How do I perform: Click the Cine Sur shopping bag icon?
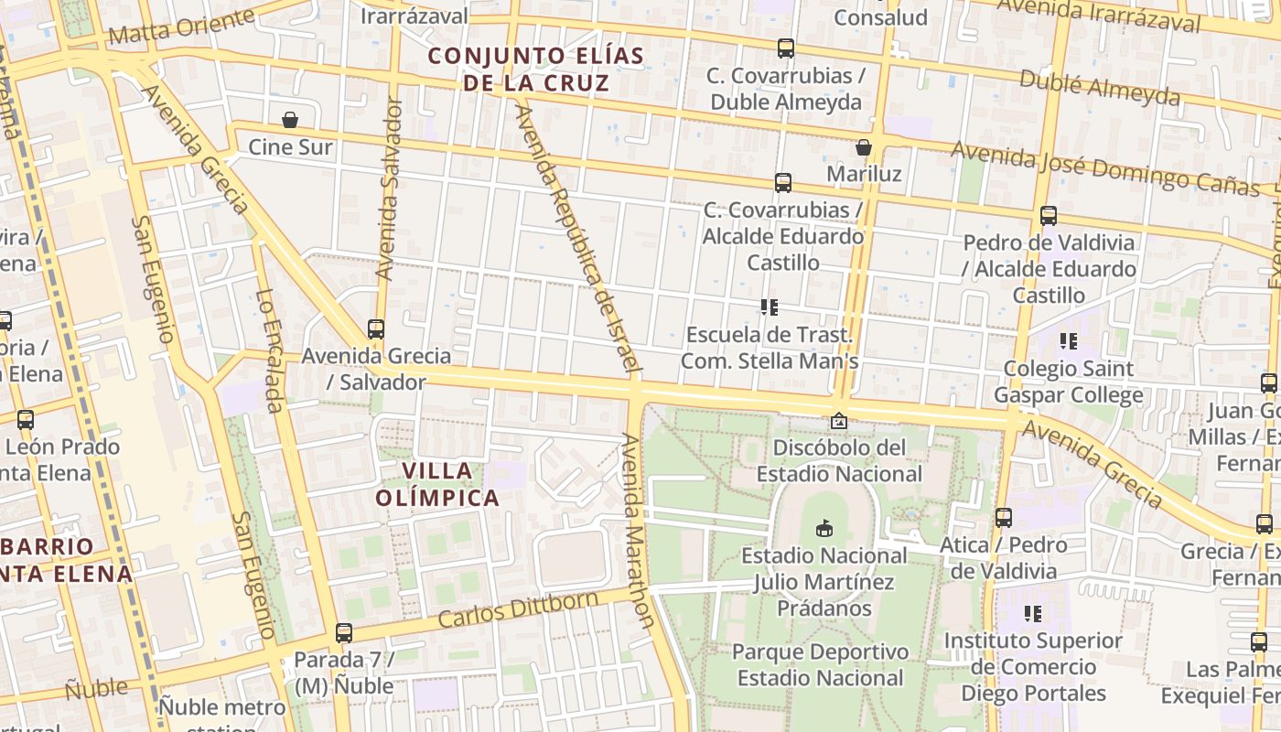(290, 120)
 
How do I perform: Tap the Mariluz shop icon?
(863, 147)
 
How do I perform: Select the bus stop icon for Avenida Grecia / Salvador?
(375, 328)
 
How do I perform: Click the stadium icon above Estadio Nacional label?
(824, 528)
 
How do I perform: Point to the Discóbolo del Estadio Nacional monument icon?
(838, 421)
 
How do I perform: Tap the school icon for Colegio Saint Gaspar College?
(1068, 341)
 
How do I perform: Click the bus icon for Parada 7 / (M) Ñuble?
(344, 632)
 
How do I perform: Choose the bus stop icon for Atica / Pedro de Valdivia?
(1004, 517)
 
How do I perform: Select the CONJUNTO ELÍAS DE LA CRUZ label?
(536, 70)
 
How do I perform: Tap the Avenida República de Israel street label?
(575, 238)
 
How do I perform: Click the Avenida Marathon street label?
(637, 531)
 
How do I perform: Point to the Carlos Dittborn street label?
(518, 609)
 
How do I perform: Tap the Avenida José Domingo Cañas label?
(1105, 168)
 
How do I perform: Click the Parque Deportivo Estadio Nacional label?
(821, 665)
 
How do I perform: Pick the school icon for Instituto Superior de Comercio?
(1033, 613)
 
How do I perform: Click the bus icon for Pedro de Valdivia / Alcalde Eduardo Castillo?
(1049, 216)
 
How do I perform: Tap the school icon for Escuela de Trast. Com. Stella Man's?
(769, 307)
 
